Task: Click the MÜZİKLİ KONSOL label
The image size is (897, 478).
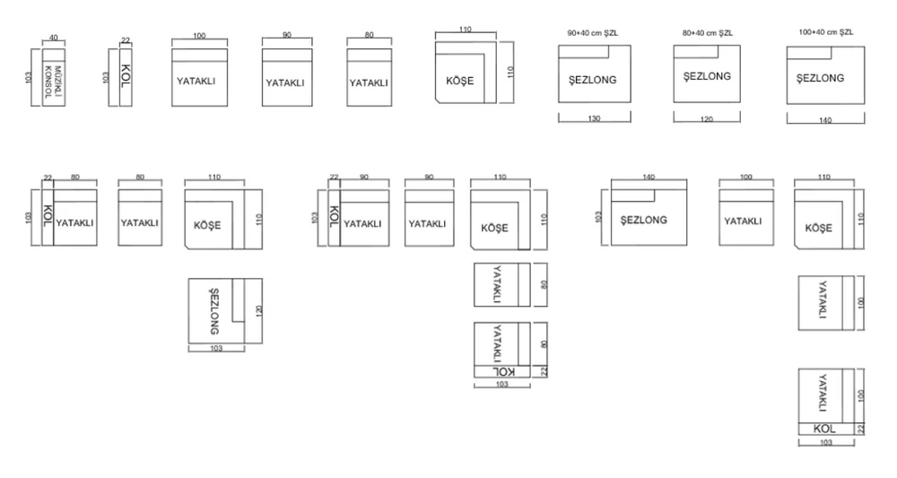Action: (53, 82)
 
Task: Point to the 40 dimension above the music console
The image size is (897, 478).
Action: (53, 38)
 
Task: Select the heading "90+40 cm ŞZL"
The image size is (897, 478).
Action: (593, 33)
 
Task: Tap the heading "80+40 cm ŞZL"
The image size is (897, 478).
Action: (707, 33)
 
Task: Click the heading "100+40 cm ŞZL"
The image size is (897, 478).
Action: (825, 32)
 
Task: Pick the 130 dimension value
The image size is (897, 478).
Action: (594, 119)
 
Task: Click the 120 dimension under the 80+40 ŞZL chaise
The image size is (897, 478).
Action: (707, 119)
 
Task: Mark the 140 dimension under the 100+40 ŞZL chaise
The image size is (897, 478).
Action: (825, 121)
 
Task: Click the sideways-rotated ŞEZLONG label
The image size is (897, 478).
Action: (214, 311)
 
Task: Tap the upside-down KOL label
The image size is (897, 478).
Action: (503, 371)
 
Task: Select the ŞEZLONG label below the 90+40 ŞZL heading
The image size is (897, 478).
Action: (593, 80)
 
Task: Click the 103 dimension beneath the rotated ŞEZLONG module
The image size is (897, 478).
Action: (216, 348)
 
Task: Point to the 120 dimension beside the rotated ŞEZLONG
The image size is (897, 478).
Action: (258, 311)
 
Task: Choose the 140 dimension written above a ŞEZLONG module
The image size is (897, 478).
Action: (649, 178)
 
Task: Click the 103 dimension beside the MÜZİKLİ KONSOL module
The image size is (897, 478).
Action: (29, 77)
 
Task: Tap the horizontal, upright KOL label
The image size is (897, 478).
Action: (824, 429)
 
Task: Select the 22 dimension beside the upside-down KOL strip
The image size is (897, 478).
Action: (544, 371)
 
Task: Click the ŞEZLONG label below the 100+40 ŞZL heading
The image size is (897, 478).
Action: (821, 78)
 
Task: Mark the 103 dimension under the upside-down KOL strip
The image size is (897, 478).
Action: (501, 384)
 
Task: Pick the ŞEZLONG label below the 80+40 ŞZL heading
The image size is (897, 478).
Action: (707, 76)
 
